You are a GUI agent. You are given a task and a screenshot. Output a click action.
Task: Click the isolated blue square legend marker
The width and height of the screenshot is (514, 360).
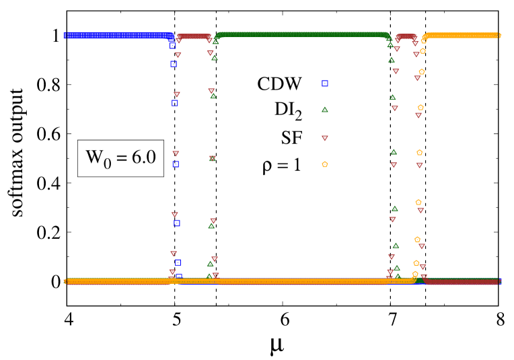click(324, 83)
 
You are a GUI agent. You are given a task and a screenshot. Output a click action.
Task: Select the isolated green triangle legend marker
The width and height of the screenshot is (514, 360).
click(324, 109)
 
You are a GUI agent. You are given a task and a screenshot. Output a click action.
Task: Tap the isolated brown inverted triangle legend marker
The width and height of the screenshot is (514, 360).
click(324, 138)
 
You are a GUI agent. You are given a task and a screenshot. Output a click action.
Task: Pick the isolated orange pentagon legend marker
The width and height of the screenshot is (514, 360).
click(324, 164)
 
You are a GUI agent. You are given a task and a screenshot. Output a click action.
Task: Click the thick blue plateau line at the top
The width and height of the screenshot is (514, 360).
click(118, 35)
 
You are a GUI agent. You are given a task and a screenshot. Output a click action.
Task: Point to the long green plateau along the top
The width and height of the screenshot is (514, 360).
click(303, 34)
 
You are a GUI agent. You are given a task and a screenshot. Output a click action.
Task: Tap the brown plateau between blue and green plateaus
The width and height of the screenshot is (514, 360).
click(194, 36)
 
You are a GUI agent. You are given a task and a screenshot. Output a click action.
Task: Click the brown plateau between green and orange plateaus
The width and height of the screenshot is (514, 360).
click(406, 36)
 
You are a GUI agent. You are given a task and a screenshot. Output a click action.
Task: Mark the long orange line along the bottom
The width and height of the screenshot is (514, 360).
click(235, 281)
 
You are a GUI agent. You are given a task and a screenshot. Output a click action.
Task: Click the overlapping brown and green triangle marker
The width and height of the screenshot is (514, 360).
click(213, 158)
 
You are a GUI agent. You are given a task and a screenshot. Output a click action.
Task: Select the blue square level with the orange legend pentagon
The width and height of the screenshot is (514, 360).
click(175, 164)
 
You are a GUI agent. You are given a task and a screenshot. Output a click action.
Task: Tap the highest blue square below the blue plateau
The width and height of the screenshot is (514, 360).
click(172, 46)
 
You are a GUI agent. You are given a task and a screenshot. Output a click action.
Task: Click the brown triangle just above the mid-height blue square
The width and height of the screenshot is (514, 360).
click(176, 153)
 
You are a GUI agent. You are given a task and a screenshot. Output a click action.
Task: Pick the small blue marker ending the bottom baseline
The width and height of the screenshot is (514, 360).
click(499, 281)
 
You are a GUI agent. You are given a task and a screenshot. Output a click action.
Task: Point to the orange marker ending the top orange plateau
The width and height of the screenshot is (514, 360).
click(499, 35)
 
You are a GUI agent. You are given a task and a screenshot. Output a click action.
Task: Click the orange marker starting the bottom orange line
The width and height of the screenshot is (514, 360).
click(65, 281)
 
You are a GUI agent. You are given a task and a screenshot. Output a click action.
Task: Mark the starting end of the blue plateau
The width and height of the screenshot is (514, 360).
click(65, 35)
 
